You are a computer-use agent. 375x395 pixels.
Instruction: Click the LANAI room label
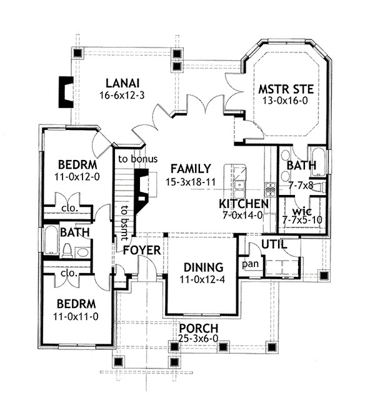(x=121, y=83)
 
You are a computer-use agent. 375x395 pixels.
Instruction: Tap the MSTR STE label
(x=286, y=89)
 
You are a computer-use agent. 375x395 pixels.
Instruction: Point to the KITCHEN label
(x=244, y=204)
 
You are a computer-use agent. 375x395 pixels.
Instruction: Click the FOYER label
(x=142, y=250)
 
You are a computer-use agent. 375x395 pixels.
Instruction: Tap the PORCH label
(x=198, y=328)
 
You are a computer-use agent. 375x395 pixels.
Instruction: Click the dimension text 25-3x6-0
(x=198, y=341)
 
